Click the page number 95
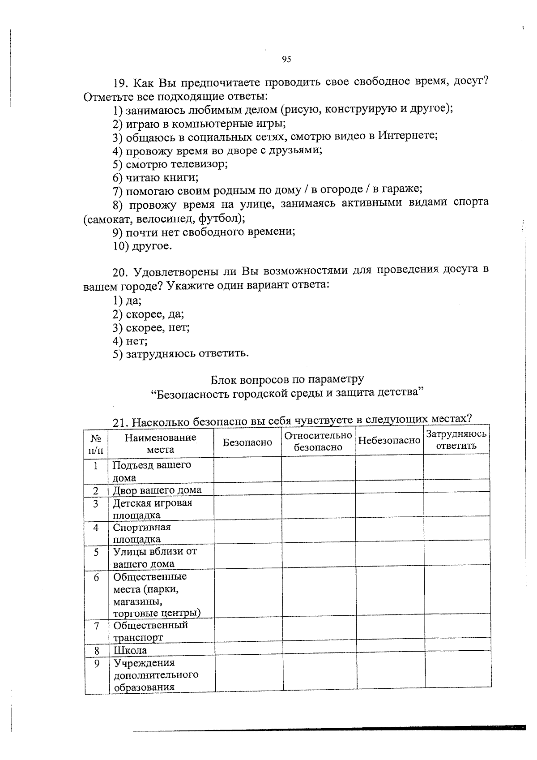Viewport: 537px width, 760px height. tap(287, 59)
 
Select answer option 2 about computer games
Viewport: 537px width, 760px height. tap(199, 123)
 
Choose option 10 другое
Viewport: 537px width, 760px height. tap(142, 246)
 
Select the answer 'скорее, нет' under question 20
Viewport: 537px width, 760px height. tap(151, 327)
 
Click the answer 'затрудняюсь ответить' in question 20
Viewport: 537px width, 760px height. tap(180, 354)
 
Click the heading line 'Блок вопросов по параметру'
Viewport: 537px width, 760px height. tap(287, 380)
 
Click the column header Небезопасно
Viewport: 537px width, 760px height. tap(389, 441)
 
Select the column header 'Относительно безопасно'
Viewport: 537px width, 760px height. tap(318, 441)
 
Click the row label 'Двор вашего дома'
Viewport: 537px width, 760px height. tap(157, 490)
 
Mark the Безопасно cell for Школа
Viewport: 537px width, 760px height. tap(249, 650)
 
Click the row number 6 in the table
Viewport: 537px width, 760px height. tap(96, 577)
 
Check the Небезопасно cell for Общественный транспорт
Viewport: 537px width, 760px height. tap(390, 631)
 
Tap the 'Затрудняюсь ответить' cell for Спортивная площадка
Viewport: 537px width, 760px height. tap(457, 533)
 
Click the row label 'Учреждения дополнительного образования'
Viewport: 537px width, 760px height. tap(156, 675)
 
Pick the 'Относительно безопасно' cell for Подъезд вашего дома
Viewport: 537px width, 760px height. tap(318, 471)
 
